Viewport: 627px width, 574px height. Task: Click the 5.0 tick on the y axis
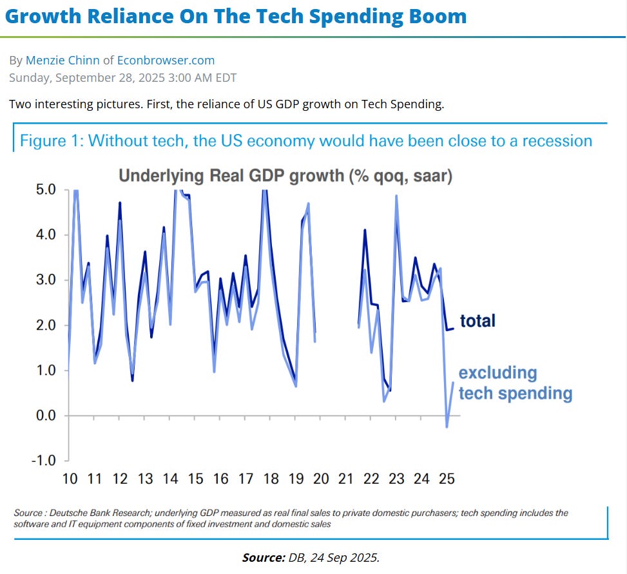point(46,190)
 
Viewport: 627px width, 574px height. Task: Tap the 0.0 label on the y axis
point(46,416)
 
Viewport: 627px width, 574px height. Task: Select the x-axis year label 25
point(447,479)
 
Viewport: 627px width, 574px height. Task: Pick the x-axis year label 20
point(321,479)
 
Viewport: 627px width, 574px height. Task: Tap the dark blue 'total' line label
point(477,320)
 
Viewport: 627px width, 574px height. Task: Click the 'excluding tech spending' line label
point(515,383)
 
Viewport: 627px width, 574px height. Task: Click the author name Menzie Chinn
point(63,61)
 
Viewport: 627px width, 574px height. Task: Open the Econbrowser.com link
point(166,61)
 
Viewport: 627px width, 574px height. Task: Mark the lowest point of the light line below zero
point(447,426)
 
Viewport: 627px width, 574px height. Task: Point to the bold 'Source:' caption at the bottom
point(262,557)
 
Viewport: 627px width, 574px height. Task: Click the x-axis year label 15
point(195,479)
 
